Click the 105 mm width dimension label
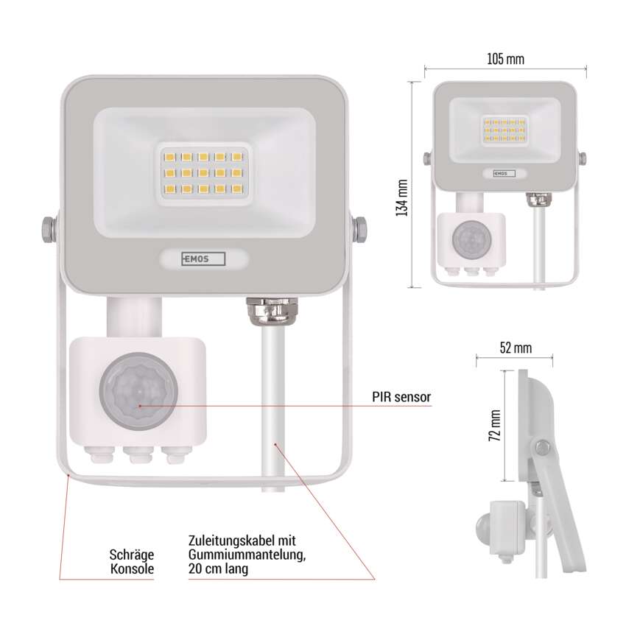(505, 60)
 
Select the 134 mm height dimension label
(401, 184)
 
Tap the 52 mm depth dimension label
(515, 348)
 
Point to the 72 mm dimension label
(496, 425)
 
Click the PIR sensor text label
(401, 397)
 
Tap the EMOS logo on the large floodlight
(203, 259)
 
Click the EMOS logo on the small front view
(504, 174)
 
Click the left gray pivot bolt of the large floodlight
(48, 228)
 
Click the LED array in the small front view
(504, 130)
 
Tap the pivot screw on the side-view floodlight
(543, 448)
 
